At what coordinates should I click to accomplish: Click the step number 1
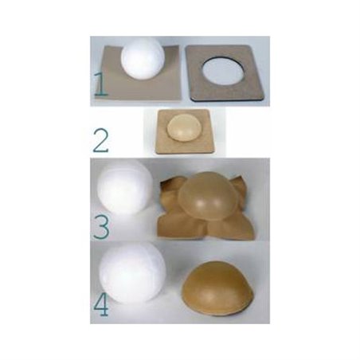click(x=100, y=83)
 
